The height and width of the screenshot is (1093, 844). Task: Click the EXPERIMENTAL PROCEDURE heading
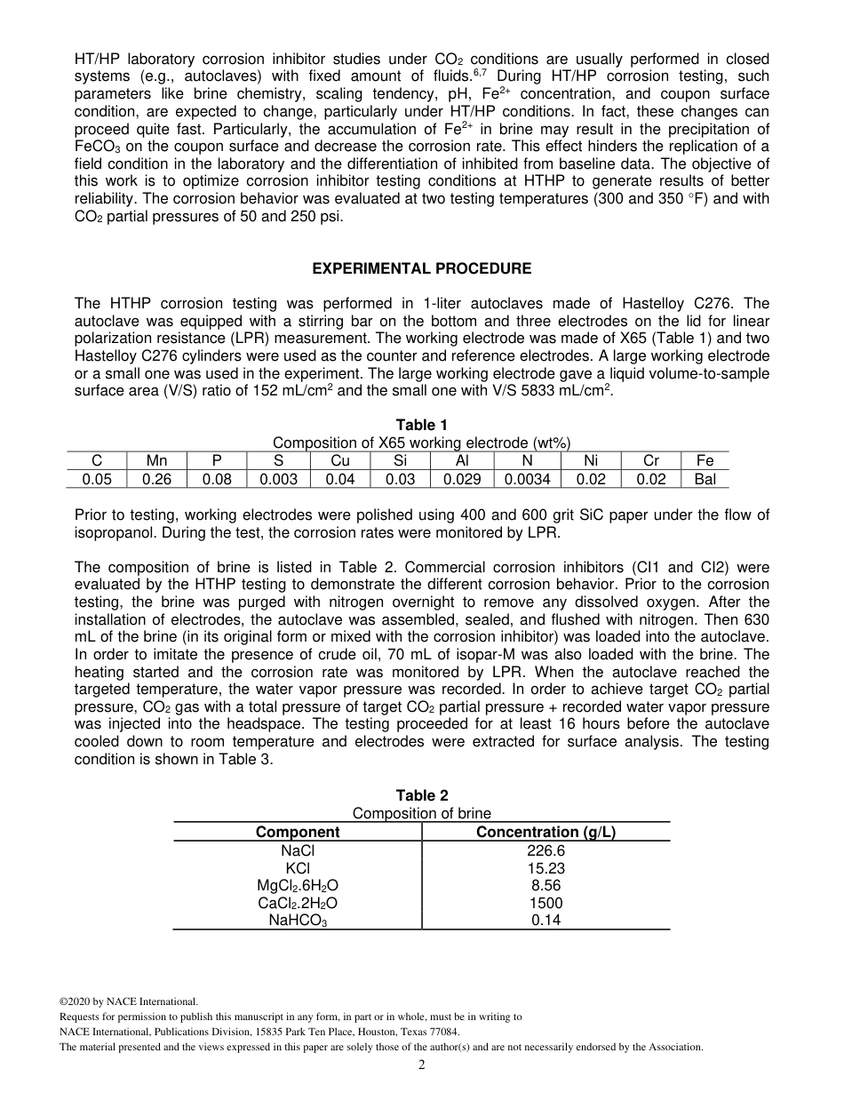point(422,268)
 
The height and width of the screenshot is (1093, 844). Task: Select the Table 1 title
point(422,426)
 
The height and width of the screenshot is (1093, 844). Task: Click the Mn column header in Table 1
point(157,461)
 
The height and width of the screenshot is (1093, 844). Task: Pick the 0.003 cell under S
point(278,479)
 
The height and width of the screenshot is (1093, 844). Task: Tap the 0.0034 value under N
point(528,479)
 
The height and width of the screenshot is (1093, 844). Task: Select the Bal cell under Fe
point(705,479)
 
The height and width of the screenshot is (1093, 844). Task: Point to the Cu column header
point(340,461)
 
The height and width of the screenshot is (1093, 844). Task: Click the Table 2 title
point(422,796)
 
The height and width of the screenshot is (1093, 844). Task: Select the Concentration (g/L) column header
point(545,833)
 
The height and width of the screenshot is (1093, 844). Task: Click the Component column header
point(298,833)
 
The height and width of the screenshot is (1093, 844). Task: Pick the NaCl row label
point(298,851)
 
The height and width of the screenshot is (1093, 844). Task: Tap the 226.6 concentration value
point(545,851)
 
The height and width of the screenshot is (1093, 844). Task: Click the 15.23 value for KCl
point(545,869)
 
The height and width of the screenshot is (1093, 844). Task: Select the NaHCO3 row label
point(298,921)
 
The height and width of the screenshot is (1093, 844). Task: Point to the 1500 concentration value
point(545,904)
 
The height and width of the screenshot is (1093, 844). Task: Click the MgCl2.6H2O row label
point(298,887)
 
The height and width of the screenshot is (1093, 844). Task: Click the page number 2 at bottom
point(422,1065)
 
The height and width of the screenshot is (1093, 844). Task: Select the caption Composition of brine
point(422,814)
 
